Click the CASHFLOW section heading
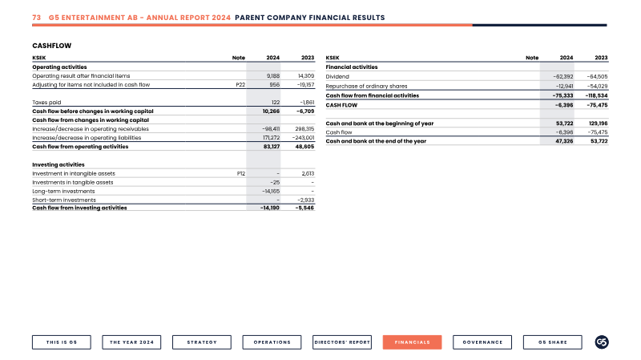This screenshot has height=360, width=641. (51, 46)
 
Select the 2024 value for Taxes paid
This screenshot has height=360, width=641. (276, 103)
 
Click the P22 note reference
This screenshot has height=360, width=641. (240, 85)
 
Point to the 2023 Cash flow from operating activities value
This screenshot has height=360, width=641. (304, 147)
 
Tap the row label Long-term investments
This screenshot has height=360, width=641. (63, 191)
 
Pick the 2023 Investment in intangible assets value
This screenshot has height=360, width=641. (308, 173)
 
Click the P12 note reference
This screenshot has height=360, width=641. (241, 173)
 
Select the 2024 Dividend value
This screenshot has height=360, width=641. (563, 76)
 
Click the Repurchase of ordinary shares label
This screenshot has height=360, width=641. (366, 86)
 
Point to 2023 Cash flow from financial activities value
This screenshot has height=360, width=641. (596, 95)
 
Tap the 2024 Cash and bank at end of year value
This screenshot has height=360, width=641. (564, 141)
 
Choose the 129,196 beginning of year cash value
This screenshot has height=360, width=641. (599, 123)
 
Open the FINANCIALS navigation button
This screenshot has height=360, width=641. (412, 342)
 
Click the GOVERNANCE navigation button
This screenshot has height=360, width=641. (482, 342)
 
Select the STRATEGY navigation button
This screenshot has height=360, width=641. (202, 342)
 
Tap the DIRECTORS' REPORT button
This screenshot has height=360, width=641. (342, 342)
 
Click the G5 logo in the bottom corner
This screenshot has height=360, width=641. (602, 342)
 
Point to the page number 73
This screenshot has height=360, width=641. (36, 18)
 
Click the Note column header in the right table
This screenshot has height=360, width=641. (532, 58)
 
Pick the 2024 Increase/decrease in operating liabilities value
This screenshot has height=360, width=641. (272, 138)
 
